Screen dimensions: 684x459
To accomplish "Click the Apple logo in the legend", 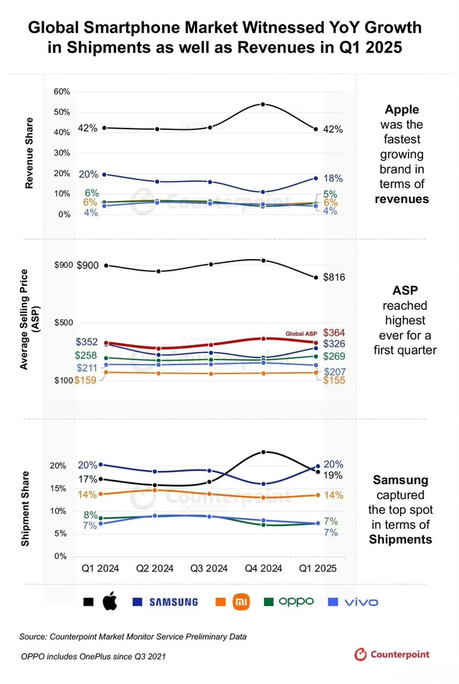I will [x=110, y=601].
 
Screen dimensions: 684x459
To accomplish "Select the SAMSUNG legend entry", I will [x=173, y=602].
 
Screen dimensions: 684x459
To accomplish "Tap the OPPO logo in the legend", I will [x=295, y=601].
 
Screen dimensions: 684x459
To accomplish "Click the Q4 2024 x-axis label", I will [x=263, y=568].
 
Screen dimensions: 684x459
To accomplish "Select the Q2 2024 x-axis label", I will [x=155, y=568].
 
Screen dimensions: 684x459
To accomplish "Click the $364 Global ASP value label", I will [x=334, y=332].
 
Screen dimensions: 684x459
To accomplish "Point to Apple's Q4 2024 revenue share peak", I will [x=263, y=104].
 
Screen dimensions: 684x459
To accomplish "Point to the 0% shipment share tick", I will [x=62, y=556].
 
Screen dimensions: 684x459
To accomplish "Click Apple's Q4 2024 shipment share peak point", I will [x=263, y=451].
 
